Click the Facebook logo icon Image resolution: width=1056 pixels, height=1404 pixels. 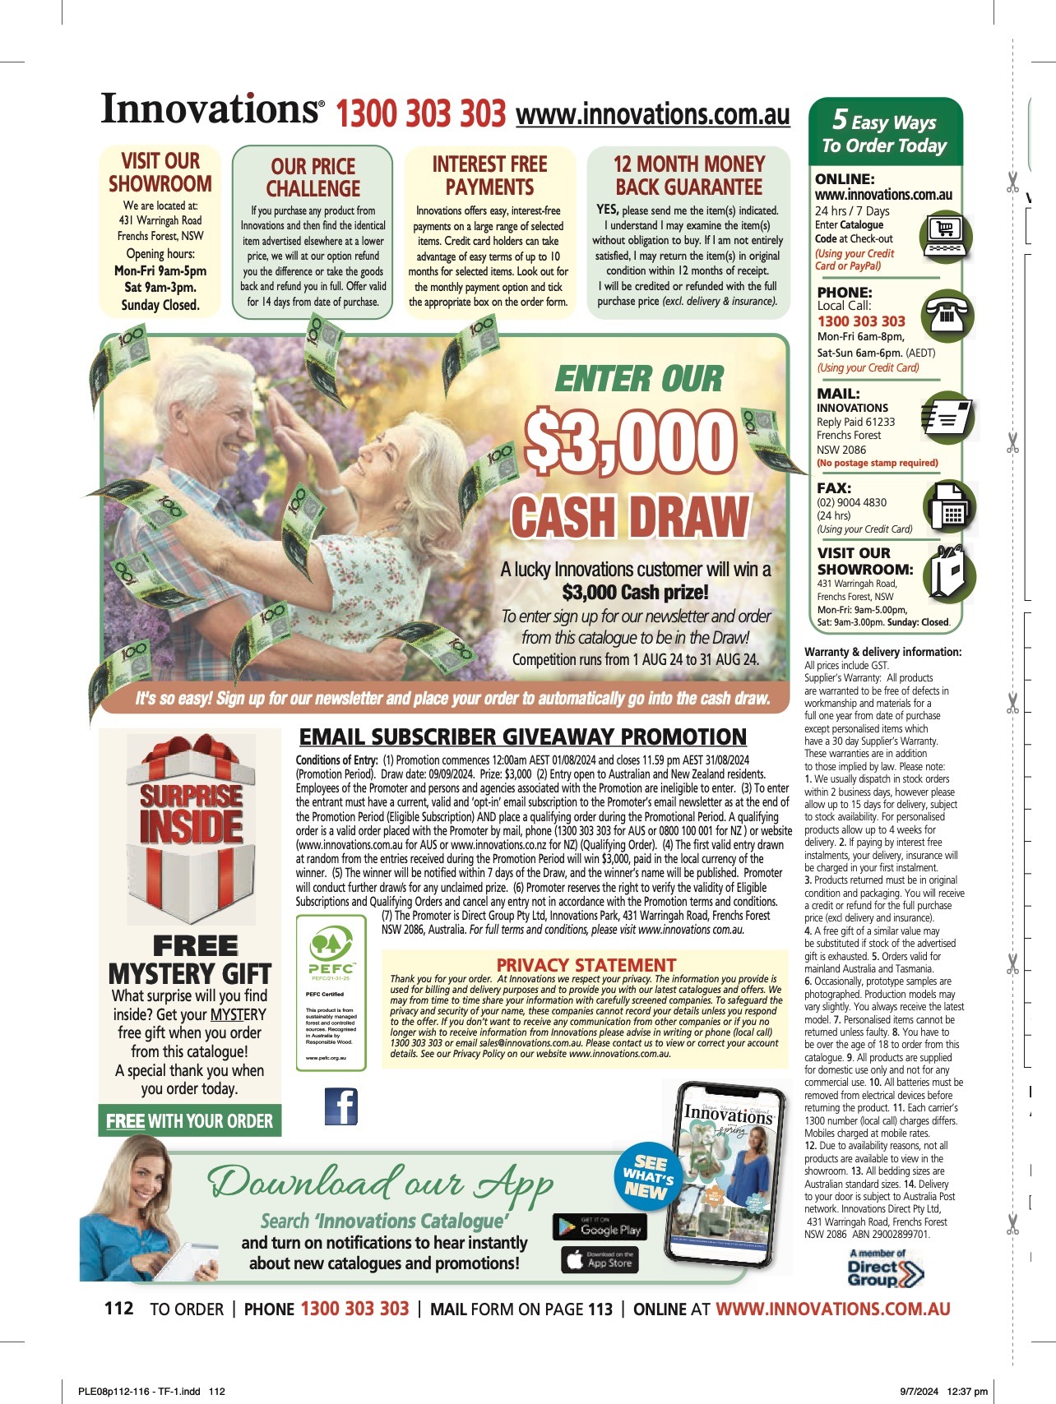[x=341, y=1106]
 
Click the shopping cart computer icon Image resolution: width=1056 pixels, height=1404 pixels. [x=946, y=234]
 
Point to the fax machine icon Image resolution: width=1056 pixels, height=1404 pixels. [x=948, y=507]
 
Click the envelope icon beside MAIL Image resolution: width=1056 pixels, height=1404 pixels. [x=949, y=417]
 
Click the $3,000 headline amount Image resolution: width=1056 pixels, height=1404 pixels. [x=630, y=445]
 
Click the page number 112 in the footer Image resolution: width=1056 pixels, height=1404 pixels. [x=119, y=1308]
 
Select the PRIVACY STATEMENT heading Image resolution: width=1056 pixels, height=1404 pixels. [x=586, y=964]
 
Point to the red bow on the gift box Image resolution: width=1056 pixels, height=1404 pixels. [x=192, y=755]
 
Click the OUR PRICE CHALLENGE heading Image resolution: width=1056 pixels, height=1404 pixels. [x=313, y=178]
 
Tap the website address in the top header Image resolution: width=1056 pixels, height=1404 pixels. [x=652, y=114]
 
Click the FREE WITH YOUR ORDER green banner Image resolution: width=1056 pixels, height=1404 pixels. [x=189, y=1121]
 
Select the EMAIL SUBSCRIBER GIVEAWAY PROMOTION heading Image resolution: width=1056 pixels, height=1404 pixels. [x=522, y=737]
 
